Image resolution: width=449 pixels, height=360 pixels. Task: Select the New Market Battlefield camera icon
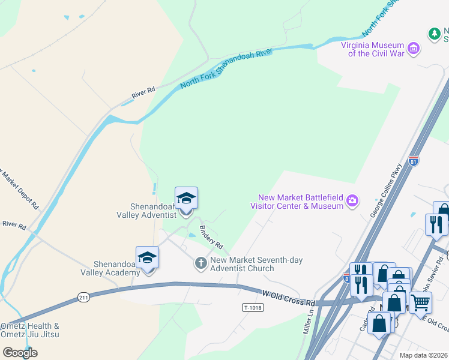click(353, 201)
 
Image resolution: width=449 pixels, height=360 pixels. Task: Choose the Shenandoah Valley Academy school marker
click(147, 259)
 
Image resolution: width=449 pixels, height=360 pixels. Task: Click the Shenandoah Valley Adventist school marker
click(186, 199)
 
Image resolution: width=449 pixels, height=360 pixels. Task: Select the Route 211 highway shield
click(83, 297)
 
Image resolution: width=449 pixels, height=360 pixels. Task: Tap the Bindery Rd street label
click(211, 238)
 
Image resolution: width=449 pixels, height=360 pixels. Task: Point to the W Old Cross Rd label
click(289, 295)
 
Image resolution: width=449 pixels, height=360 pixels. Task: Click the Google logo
click(20, 352)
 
